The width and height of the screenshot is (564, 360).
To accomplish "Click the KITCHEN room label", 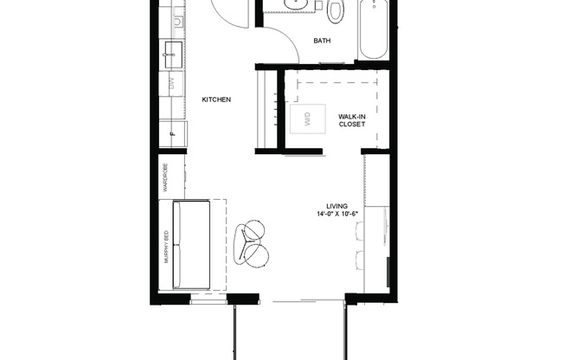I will [216, 100].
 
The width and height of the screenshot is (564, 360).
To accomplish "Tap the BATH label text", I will [322, 41].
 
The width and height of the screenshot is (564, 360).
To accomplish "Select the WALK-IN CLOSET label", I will [351, 119].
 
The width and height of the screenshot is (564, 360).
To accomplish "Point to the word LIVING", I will [336, 206].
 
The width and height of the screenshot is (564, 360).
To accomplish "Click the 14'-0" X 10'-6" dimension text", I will [338, 215].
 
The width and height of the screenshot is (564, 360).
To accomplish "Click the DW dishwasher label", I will [172, 83].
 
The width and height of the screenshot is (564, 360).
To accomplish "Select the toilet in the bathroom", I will [336, 10].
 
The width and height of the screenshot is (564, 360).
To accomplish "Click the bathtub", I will [374, 29].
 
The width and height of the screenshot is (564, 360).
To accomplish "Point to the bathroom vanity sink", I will [298, 4].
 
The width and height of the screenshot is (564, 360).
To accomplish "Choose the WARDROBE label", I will [164, 178].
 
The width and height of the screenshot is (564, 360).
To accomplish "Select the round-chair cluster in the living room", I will [253, 243].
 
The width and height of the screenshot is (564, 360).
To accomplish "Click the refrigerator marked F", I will [173, 132].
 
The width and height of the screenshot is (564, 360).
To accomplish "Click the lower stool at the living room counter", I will [360, 258].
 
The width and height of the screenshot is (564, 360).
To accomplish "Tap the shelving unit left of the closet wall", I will [266, 110].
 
